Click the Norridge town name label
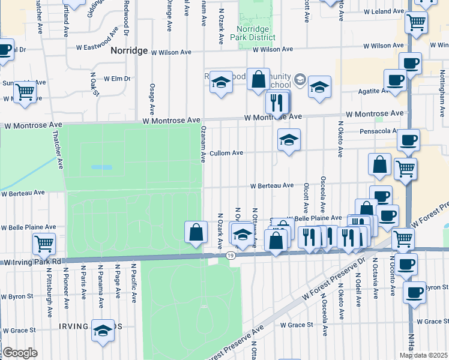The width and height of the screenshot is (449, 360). coord(129,51)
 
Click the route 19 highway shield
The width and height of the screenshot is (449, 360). coord(231,256)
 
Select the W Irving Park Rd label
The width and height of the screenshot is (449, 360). coord(32,262)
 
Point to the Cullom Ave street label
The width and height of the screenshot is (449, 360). coord(227,153)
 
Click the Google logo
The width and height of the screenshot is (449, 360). coord(20,352)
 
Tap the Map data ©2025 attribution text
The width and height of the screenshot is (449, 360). coord(424,355)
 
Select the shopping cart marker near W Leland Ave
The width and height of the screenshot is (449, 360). coord(416,23)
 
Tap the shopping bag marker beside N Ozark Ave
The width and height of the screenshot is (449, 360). coord(196,232)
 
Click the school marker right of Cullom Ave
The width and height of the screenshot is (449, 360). coord(289,140)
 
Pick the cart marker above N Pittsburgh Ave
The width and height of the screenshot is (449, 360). coord(44,243)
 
